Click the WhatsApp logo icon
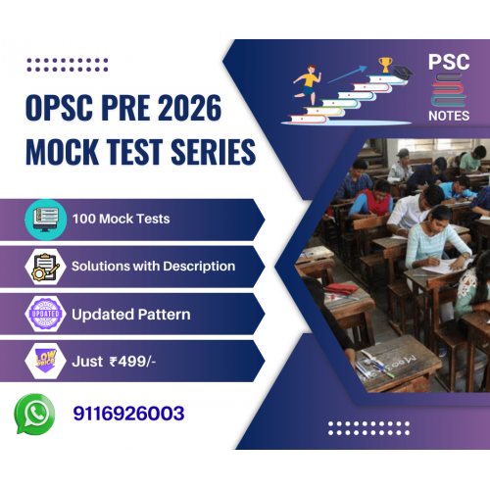pos(34,414)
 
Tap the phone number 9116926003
pos(128,414)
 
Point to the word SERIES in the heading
pos(213,152)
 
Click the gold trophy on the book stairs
pos(386,65)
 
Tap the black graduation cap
pos(403,73)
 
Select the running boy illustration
pos(307,84)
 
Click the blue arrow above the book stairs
pos(347,74)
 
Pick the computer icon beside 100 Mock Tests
pos(46,220)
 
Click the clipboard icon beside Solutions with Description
pos(46,267)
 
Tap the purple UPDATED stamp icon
pos(46,314)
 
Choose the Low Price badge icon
pos(46,361)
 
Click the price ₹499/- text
pos(132,362)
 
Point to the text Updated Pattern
pos(131,315)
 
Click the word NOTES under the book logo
pos(449,116)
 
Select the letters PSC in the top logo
pos(449,62)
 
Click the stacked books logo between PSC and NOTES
pos(449,90)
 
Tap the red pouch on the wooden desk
pos(341,289)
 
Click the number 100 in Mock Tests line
pos(84,219)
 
